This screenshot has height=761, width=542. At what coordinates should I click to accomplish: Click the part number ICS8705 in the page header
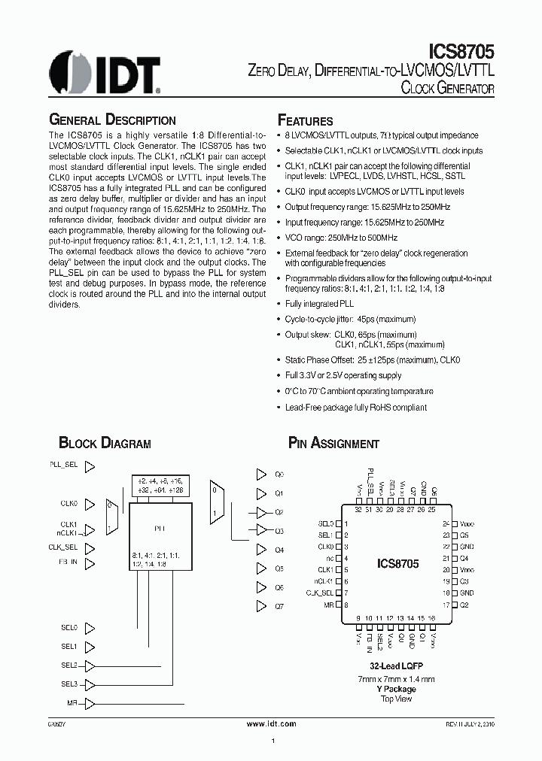tap(463, 53)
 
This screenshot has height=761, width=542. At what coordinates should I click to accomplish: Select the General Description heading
tap(112, 120)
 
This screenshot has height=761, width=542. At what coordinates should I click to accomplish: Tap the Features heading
tap(305, 121)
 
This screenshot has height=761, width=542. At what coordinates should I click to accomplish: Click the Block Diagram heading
tap(105, 443)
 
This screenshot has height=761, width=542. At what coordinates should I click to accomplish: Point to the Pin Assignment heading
tap(333, 443)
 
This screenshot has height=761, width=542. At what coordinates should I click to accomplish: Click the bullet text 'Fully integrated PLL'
tap(318, 304)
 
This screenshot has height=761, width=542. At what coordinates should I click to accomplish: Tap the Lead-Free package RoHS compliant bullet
tap(355, 408)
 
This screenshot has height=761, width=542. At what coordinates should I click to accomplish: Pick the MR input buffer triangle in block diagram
tap(90, 704)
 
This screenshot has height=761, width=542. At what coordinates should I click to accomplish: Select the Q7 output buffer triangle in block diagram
tap(261, 605)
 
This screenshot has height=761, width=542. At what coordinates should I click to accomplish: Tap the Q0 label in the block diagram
tap(279, 474)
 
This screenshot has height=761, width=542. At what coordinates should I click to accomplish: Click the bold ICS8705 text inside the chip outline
tap(397, 562)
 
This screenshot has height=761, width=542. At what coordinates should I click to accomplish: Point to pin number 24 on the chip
tap(446, 523)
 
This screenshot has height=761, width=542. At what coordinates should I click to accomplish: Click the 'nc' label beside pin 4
tap(330, 558)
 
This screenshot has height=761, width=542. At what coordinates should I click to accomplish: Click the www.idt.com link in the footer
tap(272, 723)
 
